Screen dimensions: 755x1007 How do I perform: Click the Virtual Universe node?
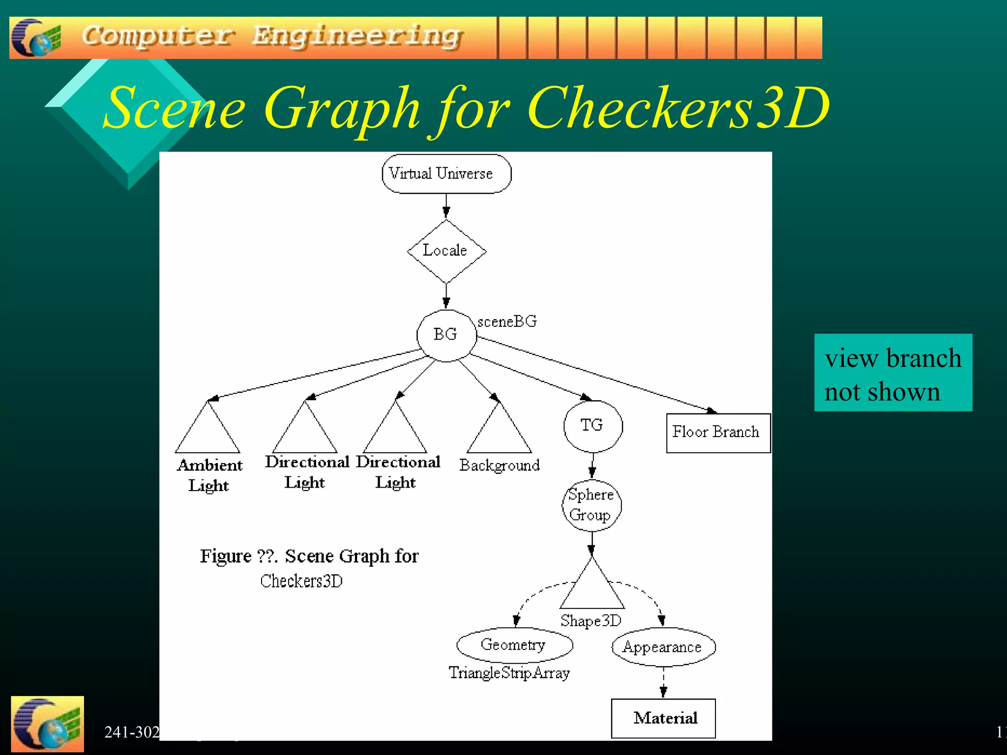(446, 174)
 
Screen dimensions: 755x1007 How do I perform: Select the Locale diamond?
(446, 251)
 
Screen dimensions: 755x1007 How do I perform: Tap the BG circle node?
(446, 335)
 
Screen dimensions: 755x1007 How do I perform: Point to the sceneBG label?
(507, 321)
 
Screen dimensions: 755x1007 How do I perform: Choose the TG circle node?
(592, 426)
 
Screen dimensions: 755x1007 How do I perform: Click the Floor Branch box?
(718, 433)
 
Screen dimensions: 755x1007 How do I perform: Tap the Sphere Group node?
(592, 505)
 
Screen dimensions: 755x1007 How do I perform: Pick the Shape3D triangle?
(592, 590)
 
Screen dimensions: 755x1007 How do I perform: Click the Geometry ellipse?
(514, 645)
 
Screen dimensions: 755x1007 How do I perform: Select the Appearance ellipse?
(663, 647)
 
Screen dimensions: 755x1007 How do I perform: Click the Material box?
(663, 718)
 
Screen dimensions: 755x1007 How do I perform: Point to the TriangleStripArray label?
(509, 672)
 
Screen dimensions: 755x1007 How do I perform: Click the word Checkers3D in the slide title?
(679, 108)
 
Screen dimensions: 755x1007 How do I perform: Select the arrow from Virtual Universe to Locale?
(446, 205)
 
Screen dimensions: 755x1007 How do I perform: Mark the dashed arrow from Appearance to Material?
(663, 682)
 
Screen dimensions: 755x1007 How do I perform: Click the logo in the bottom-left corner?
(47, 724)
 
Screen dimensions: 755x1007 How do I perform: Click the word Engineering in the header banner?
(357, 36)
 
